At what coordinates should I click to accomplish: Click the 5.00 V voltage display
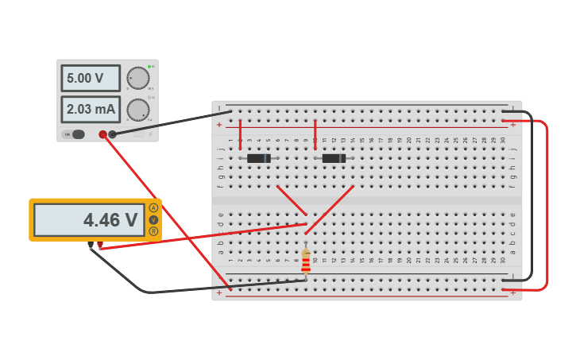coord(90,79)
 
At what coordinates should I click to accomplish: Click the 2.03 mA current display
coord(90,109)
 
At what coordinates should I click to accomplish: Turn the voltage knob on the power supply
coord(137,78)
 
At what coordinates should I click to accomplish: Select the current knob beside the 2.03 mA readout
coord(137,110)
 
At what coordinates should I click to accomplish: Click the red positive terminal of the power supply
coord(102,134)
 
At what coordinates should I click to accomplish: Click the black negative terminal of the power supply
coord(113,134)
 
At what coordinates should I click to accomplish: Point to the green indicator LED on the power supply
coord(149,67)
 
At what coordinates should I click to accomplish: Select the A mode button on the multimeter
coord(153,208)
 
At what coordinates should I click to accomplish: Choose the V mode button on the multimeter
coord(153,220)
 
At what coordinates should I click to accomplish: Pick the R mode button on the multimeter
coord(153,231)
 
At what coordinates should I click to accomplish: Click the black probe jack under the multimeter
coord(91,246)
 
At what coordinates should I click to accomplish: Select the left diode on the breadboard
coord(258,158)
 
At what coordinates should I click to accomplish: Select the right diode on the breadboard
coord(334,158)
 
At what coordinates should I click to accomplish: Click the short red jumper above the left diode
coord(240,134)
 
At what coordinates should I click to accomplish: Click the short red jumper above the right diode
coord(315,134)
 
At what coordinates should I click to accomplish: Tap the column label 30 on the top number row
coord(502,141)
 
